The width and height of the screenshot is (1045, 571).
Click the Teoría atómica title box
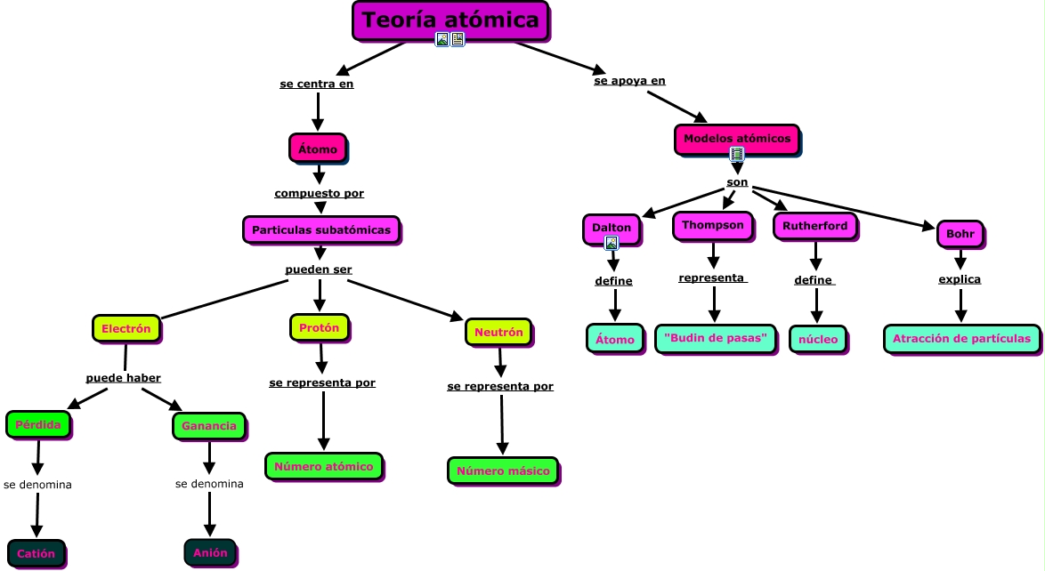(x=450, y=20)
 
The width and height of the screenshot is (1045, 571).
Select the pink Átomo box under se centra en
(x=318, y=149)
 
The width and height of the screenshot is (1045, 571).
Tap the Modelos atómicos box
(x=736, y=139)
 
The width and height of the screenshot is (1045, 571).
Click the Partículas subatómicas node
(x=321, y=229)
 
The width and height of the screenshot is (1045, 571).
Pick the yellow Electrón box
(x=126, y=328)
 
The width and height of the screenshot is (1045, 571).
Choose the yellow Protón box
(x=319, y=327)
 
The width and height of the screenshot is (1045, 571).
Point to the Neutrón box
(x=498, y=332)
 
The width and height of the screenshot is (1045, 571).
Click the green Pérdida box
(x=37, y=424)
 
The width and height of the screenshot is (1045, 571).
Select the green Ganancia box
(x=208, y=426)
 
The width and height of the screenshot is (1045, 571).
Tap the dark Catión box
(x=36, y=553)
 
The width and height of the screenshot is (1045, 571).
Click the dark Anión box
(x=210, y=552)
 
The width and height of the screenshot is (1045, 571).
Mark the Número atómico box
(x=324, y=466)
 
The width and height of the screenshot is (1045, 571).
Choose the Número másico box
(x=503, y=470)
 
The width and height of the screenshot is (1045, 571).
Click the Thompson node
(x=712, y=225)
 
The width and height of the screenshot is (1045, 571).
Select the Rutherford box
(x=814, y=226)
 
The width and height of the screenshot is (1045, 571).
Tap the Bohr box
(x=960, y=234)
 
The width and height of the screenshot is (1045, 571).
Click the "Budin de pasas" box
(x=715, y=338)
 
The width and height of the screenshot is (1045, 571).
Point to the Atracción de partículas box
(x=961, y=338)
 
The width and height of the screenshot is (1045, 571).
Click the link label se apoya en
(x=629, y=81)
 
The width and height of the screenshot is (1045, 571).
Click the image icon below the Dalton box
(x=612, y=243)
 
